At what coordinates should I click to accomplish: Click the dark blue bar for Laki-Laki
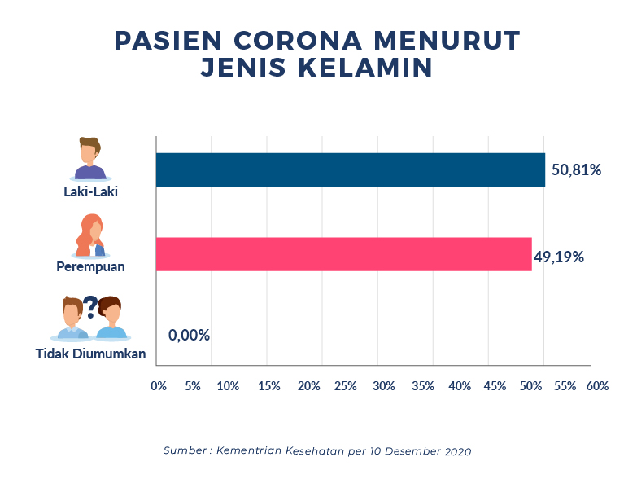point(350,169)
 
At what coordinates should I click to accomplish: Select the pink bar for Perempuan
point(342,254)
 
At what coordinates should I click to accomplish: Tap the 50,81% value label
point(576,170)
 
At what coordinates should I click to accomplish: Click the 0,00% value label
point(189,335)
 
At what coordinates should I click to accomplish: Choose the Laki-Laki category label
point(90,192)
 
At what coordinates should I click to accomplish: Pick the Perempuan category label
point(90,266)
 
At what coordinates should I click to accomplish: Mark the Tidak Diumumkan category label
point(90,354)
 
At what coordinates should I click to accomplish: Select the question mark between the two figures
point(90,305)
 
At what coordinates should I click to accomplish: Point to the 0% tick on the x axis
point(159,385)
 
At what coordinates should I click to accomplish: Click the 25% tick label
point(346,385)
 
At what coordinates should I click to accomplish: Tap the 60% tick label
point(597,385)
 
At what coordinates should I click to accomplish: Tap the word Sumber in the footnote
point(183,450)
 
